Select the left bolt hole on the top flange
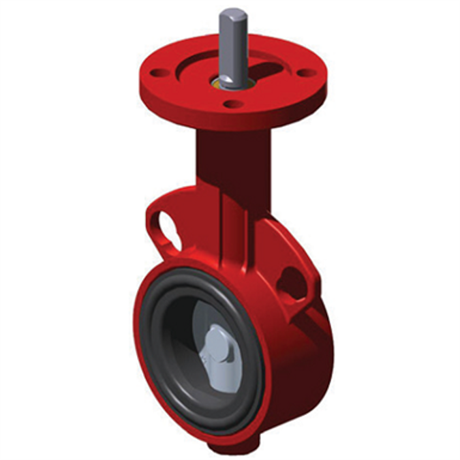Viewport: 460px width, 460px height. coord(159,70)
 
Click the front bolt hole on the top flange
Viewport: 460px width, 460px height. coord(234,104)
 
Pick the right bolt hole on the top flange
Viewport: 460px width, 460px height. coord(307,72)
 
